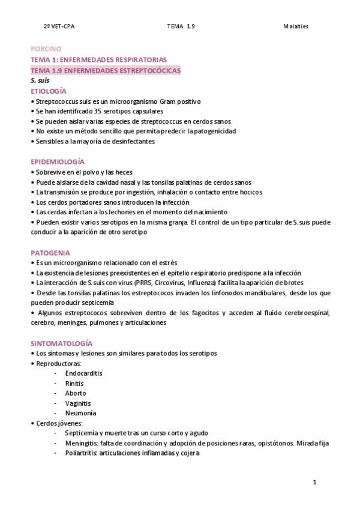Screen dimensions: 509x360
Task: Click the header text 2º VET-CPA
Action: [59, 27]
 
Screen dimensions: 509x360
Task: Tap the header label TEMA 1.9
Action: [181, 27]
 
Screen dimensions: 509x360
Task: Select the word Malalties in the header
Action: [296, 27]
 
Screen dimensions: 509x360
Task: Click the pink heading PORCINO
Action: [46, 49]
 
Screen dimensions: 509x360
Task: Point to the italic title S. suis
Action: [40, 80]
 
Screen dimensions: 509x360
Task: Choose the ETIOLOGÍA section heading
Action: [48, 91]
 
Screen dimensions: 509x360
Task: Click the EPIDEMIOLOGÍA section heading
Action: [58, 162]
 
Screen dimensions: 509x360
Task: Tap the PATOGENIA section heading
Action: [50, 253]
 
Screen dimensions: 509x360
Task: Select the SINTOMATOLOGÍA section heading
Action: [61, 343]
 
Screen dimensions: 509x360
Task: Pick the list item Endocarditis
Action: [83, 373]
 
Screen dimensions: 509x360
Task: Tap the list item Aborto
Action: [76, 393]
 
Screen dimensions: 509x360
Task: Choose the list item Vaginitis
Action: [79, 403]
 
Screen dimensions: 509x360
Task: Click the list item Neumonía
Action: [80, 414]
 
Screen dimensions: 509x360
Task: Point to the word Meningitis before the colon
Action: [81, 444]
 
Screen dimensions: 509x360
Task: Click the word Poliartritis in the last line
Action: [81, 454]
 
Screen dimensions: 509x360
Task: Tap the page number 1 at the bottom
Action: [314, 482]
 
